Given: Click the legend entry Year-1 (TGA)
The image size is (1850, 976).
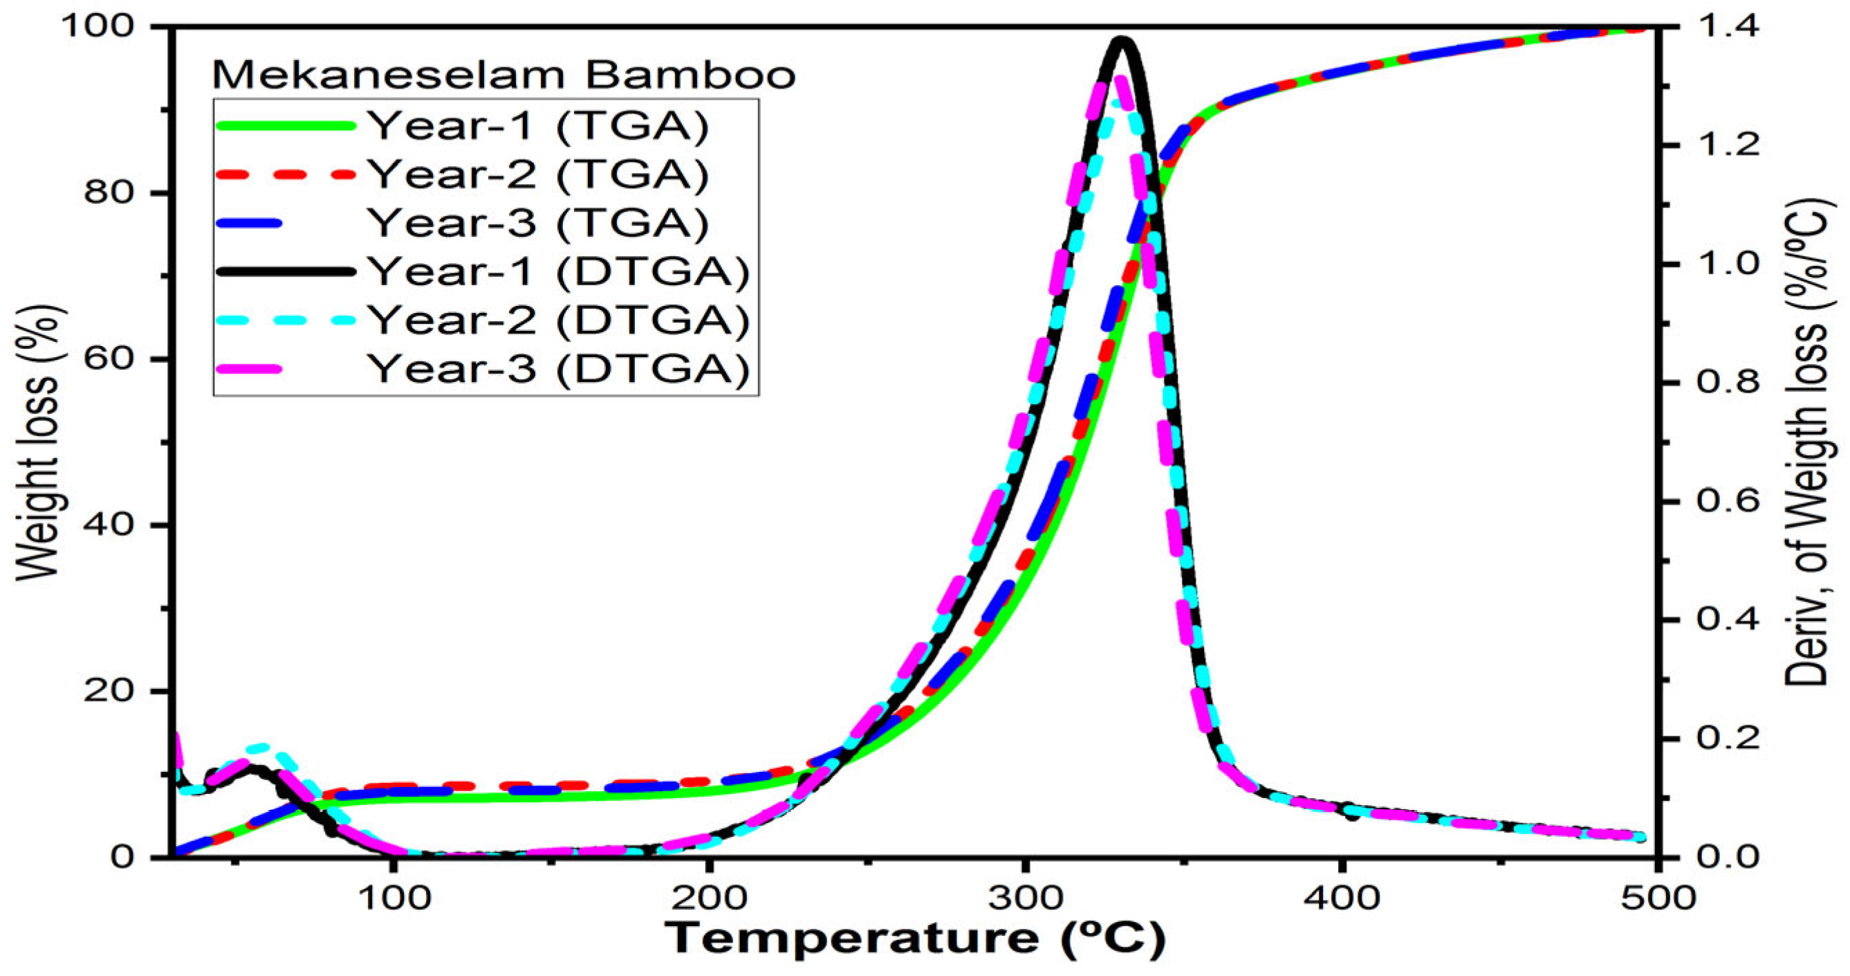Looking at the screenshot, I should pyautogui.click(x=539, y=126).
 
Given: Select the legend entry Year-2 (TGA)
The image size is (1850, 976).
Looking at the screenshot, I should pyautogui.click(x=539, y=174).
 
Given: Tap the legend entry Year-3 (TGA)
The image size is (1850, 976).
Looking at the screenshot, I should pyautogui.click(x=539, y=223).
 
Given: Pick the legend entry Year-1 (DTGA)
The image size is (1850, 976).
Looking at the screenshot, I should pyautogui.click(x=559, y=271).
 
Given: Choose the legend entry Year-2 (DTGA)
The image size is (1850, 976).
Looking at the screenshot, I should pyautogui.click(x=559, y=320).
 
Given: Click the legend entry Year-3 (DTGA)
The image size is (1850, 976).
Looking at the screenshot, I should pyautogui.click(x=559, y=369).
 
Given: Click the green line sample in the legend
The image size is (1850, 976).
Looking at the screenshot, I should pyautogui.click(x=285, y=126).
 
